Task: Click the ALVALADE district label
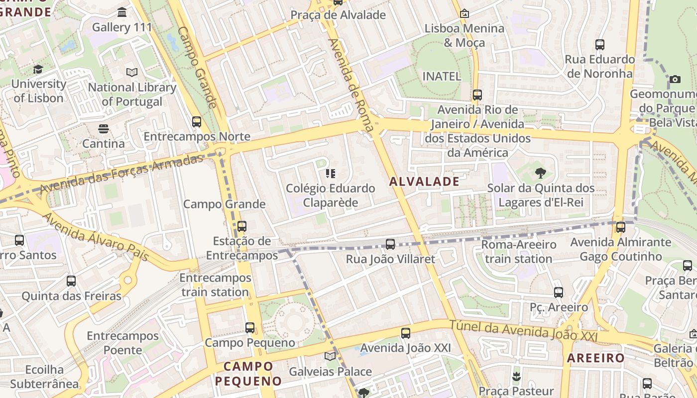[x=424, y=182]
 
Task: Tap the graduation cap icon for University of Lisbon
[x=38, y=70]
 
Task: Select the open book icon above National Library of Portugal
[x=132, y=73]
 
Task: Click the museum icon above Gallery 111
[x=122, y=12]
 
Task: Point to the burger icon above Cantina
[x=104, y=129]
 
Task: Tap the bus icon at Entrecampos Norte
[x=197, y=121]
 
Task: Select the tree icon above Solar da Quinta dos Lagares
[x=540, y=173]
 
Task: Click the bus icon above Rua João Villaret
[x=390, y=244]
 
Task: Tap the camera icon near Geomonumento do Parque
[x=675, y=79]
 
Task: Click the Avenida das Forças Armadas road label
[x=122, y=174]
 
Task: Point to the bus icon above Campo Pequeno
[x=250, y=328]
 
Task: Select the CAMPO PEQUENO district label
[x=248, y=374]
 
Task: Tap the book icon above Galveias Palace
[x=330, y=356]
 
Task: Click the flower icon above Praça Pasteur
[x=516, y=376]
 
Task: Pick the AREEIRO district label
[x=595, y=358]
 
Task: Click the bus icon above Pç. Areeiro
[x=559, y=293]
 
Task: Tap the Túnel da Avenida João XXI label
[x=523, y=330]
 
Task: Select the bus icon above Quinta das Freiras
[x=71, y=281]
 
